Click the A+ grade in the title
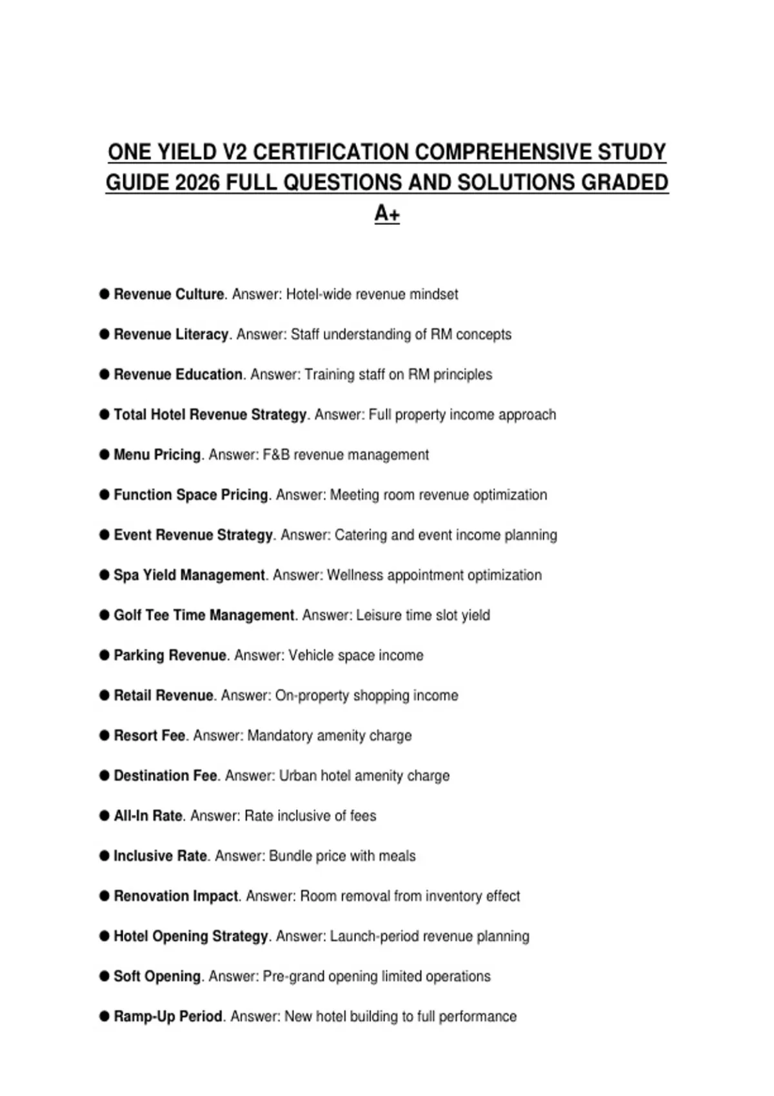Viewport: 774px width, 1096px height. [x=387, y=213]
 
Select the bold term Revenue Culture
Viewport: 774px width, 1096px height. [x=168, y=295]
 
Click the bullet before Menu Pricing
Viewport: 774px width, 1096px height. [x=104, y=455]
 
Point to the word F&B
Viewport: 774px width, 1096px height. [x=276, y=455]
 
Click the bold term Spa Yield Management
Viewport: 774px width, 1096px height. [x=189, y=575]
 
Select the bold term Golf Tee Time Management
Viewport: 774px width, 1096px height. [x=204, y=615]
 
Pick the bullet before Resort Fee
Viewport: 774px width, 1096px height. [x=104, y=736]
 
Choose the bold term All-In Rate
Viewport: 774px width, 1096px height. [x=148, y=816]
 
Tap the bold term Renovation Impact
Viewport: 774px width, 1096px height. [x=176, y=896]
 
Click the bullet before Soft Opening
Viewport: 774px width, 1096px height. [x=104, y=976]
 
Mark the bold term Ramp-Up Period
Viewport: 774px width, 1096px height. [x=168, y=1017]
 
